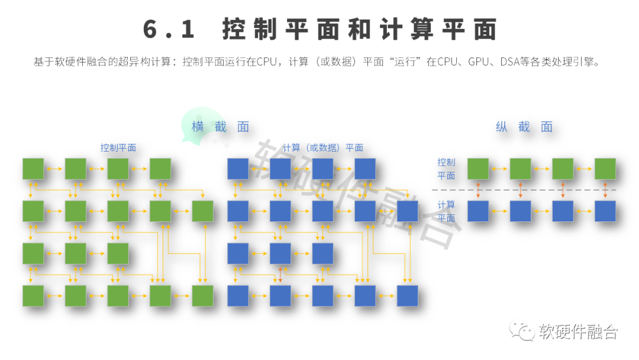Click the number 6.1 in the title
click(x=169, y=29)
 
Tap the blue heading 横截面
click(x=221, y=127)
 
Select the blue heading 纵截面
click(x=524, y=127)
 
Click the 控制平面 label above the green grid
click(x=118, y=147)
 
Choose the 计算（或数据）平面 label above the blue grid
click(x=323, y=147)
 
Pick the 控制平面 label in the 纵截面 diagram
click(x=446, y=169)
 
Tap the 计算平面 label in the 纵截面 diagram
click(x=446, y=211)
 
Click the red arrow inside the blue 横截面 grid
click(x=280, y=274)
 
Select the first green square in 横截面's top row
click(x=33, y=169)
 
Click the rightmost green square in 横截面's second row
click(x=202, y=211)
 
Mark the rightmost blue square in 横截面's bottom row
click(x=408, y=296)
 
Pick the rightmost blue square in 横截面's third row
click(x=323, y=253)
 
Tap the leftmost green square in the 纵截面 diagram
click(x=478, y=169)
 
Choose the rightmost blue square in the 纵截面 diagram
click(x=605, y=211)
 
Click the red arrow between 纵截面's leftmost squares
click(x=478, y=190)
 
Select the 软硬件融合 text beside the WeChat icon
click(x=578, y=332)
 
